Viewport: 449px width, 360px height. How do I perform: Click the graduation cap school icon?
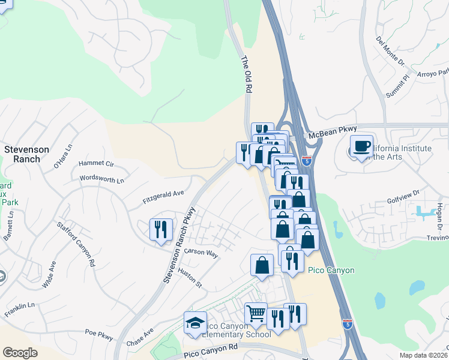195,323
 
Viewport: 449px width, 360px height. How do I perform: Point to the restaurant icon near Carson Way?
161,229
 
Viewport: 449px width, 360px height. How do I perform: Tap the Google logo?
20,352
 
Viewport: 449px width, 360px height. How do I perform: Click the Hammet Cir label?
96,163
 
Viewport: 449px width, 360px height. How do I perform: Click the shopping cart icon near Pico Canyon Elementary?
256,313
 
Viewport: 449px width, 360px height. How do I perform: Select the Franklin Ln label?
20,310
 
